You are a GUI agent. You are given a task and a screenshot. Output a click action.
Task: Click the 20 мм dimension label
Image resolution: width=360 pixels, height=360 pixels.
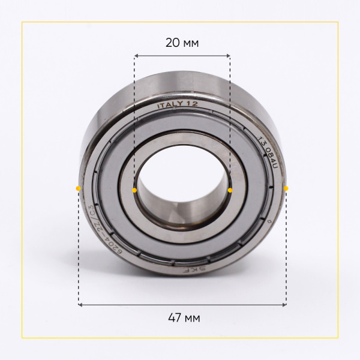182,43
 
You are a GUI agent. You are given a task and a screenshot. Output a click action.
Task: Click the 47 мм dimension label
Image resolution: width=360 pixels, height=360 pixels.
182,317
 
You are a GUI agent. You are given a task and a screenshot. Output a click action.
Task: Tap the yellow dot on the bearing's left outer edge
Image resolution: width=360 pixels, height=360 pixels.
78,188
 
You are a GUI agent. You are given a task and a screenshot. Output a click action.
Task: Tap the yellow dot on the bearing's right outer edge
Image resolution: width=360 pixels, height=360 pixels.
286,188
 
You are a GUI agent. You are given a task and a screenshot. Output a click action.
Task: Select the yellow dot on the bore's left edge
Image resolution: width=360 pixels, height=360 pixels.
134,190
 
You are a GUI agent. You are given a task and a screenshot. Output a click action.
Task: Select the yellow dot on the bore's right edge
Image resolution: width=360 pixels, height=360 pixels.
230,190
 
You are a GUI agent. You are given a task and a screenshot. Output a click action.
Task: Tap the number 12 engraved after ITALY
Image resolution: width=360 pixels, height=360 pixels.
192,104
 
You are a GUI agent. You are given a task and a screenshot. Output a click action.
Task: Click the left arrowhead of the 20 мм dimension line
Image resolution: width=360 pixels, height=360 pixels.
136,56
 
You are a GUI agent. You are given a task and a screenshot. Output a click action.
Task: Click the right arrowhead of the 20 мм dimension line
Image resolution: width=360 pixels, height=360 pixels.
229,56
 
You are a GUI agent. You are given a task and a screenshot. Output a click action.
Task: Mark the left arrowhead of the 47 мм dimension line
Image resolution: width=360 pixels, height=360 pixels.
80,305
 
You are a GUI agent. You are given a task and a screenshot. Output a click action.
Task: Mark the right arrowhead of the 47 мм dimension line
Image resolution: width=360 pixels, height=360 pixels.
284,305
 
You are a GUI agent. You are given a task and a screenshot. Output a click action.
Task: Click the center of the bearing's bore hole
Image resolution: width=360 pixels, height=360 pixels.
182,190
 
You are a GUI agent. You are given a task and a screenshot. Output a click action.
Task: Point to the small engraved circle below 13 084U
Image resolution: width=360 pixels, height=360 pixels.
271,223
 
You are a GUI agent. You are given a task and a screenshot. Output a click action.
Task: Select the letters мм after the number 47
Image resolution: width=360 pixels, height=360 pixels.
192,318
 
